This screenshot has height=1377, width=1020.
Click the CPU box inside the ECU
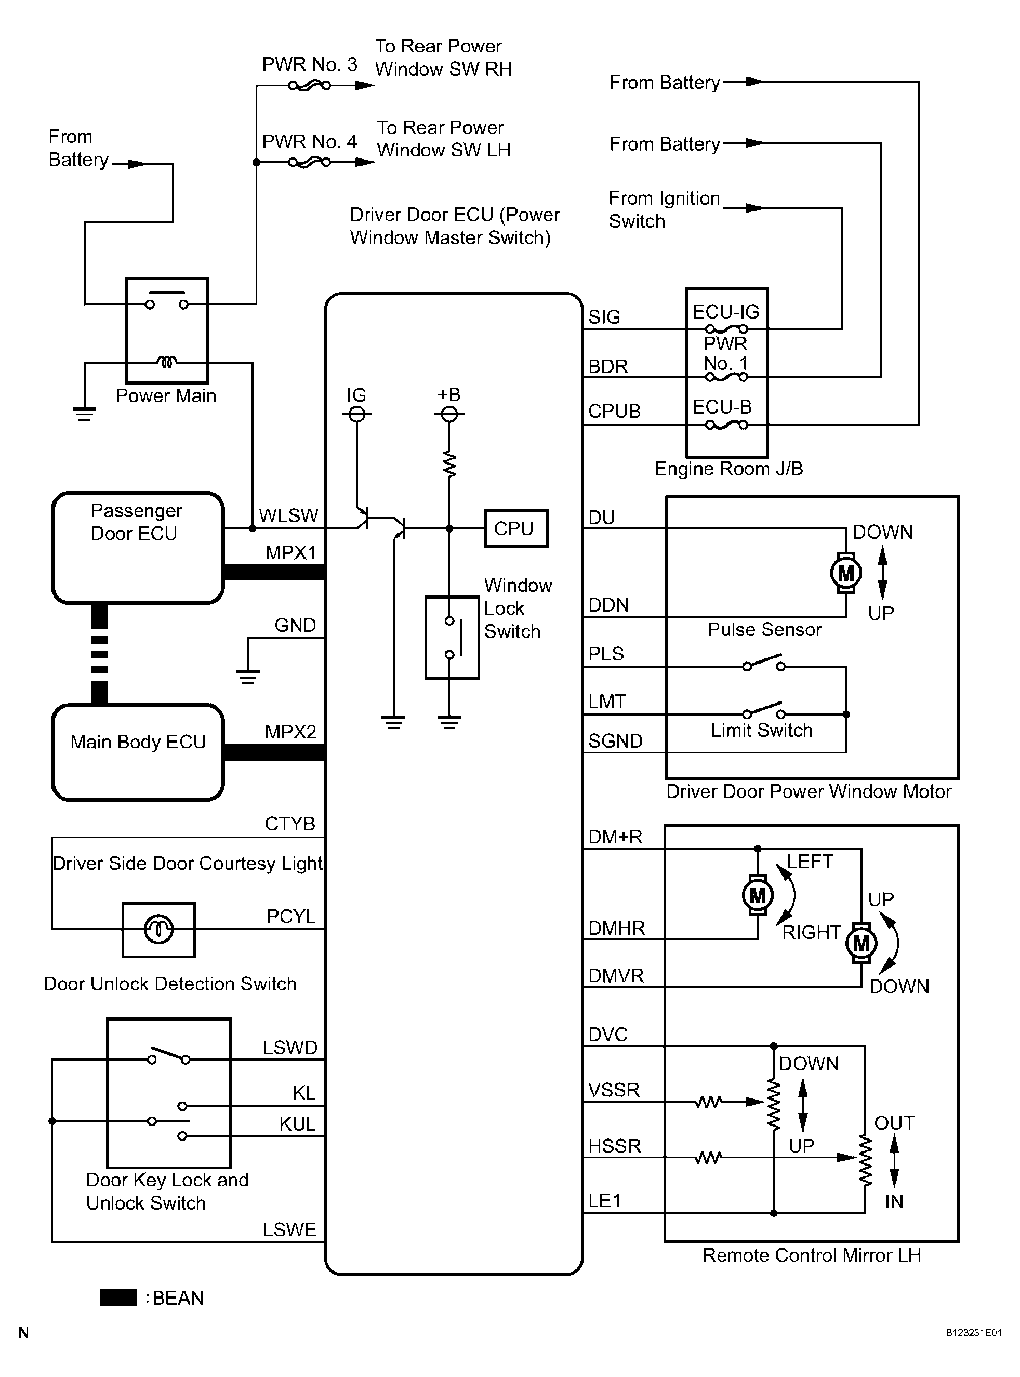point(516,528)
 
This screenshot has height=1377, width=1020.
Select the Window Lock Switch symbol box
point(452,637)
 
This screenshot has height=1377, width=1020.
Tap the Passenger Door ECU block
point(138,547)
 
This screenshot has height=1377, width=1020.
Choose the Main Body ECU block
point(138,752)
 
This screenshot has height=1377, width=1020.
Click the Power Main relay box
point(167,330)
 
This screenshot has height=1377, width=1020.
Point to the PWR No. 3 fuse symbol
point(309,86)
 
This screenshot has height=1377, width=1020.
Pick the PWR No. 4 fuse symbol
point(309,163)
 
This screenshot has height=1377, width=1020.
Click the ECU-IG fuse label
point(725,312)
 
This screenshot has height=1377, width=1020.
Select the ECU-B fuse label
point(722,407)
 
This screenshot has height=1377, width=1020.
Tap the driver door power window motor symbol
point(845,573)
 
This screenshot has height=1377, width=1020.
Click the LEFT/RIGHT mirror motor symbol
point(758,895)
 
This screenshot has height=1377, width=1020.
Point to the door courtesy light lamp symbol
point(158,929)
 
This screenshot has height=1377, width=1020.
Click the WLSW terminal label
point(288,515)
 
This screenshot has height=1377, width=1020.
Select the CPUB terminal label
point(614,411)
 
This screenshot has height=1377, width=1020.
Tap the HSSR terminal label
point(614,1146)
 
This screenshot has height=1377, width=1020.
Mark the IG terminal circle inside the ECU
point(357,414)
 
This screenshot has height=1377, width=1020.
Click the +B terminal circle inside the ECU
point(449,414)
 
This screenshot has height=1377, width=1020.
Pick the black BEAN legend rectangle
point(118,1297)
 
